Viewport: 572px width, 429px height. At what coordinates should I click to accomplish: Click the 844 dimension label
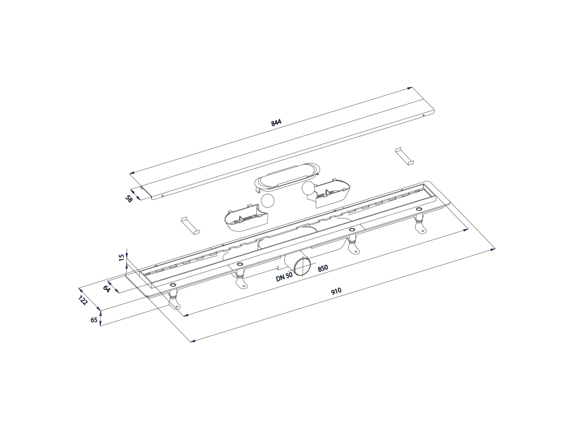276,122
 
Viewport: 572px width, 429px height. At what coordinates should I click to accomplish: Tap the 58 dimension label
128,199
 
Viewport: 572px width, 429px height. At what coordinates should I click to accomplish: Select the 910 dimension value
336,290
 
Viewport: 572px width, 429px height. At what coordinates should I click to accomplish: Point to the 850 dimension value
323,268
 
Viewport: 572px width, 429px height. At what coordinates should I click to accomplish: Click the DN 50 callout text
284,277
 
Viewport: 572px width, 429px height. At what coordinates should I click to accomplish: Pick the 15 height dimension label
121,258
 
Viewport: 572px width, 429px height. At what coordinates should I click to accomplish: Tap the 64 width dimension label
107,288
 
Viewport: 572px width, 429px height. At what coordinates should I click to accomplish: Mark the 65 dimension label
94,320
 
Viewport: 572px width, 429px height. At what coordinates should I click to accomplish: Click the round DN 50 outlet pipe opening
302,266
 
